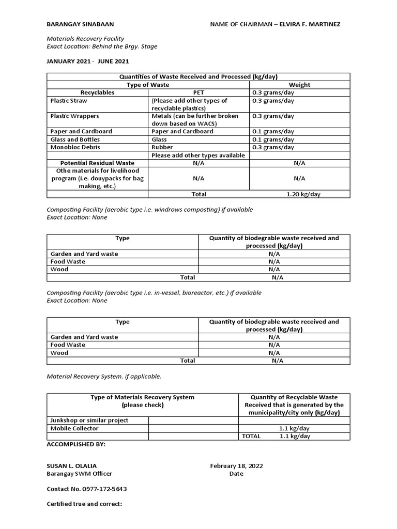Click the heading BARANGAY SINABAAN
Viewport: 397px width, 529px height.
pos(80,24)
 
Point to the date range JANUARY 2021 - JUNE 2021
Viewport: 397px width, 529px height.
pos(88,61)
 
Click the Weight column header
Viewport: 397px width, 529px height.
pos(299,85)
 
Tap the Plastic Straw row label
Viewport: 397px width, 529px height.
pos(69,101)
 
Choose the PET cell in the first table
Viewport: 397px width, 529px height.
pos(198,92)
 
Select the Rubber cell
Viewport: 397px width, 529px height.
pos(162,147)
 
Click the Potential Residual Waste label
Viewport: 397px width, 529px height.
pos(97,163)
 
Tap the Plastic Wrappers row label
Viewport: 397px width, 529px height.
pos(74,116)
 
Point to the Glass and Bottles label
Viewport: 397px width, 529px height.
pos(75,139)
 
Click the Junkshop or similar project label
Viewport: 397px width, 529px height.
pos(89,421)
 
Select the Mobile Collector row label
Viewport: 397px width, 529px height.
pos(74,428)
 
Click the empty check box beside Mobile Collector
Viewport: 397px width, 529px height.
pos(193,428)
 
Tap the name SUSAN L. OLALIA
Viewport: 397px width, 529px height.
pos(71,465)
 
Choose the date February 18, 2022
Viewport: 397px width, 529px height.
pos(236,465)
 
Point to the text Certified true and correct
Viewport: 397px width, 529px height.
pos(84,504)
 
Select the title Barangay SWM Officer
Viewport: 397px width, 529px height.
pos(79,474)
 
